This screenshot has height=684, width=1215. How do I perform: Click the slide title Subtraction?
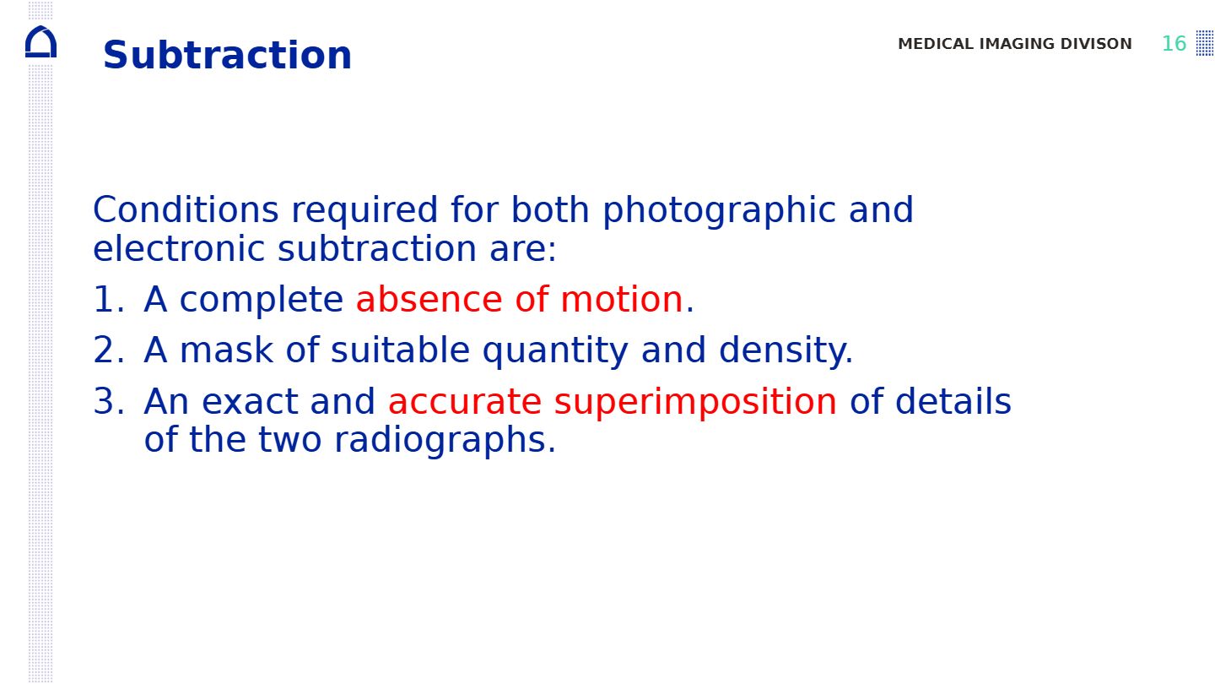[227, 55]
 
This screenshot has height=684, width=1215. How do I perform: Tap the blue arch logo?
[40, 42]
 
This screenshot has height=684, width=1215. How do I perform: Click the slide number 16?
[1174, 44]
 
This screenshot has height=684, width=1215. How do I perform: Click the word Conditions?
[186, 209]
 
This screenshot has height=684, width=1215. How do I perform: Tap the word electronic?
[179, 249]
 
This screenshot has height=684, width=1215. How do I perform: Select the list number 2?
[109, 350]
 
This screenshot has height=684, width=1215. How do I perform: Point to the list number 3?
[109, 401]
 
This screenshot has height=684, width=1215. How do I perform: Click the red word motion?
[621, 299]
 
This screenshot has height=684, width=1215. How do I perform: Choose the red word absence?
[429, 299]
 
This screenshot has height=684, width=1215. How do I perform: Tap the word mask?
[226, 350]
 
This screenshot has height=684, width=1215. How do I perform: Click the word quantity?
[555, 352]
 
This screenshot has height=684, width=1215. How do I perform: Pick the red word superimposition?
[695, 404]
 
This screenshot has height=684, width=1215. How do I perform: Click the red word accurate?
[465, 402]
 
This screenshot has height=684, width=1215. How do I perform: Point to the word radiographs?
[445, 441]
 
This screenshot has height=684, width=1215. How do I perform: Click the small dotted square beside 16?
[1205, 43]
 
